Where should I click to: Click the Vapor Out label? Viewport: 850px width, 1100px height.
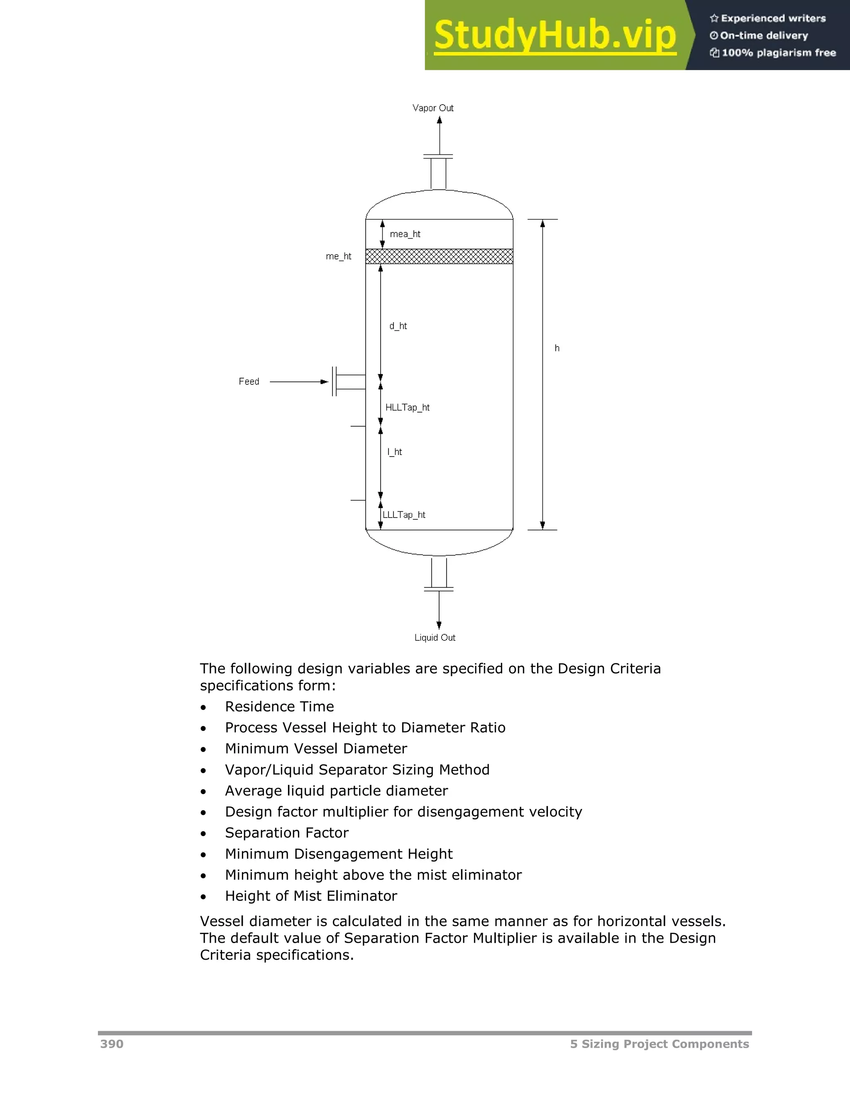click(432, 108)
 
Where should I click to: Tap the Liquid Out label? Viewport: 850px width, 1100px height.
click(435, 638)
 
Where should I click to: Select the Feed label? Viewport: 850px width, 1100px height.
click(249, 382)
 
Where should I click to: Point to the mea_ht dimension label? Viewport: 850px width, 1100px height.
click(405, 234)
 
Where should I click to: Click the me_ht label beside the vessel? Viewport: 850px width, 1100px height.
click(338, 257)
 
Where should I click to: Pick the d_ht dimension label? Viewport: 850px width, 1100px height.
click(398, 326)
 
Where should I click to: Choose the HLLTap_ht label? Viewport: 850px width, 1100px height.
click(408, 408)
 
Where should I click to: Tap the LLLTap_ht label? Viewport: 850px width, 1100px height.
click(404, 515)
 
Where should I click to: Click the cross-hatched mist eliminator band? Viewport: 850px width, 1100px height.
click(439, 257)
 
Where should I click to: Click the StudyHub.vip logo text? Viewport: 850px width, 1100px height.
click(554, 35)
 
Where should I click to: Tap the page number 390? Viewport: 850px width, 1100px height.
click(112, 1044)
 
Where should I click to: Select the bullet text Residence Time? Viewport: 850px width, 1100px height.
click(279, 706)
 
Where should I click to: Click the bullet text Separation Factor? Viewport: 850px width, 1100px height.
click(286, 833)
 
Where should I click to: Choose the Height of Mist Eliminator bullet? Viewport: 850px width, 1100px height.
click(311, 896)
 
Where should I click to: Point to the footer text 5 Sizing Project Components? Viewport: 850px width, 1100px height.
click(659, 1044)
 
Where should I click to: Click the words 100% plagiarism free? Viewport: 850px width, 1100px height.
click(779, 53)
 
